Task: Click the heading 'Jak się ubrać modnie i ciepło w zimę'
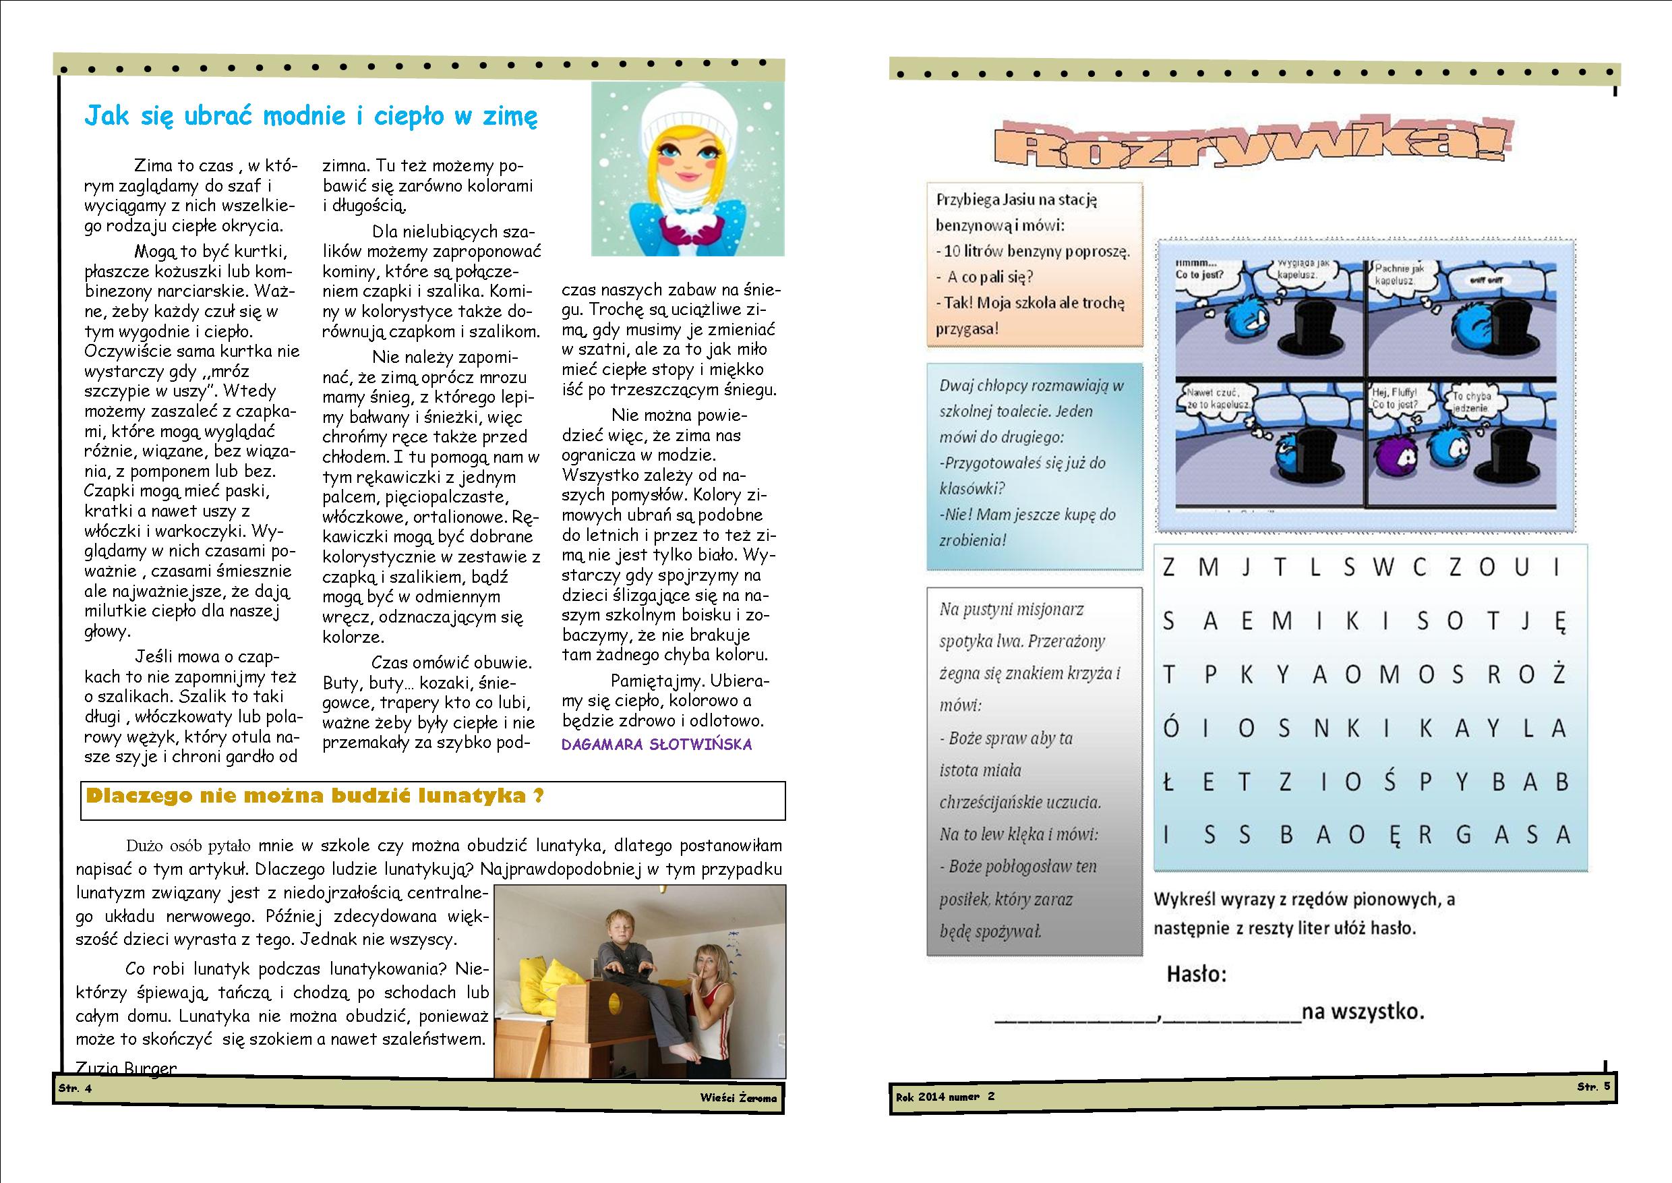tap(311, 117)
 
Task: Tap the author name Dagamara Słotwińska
tap(656, 745)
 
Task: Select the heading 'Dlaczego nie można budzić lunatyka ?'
tap(315, 796)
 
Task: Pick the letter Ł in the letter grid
tap(1169, 782)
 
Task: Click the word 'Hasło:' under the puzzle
tap(1197, 974)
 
